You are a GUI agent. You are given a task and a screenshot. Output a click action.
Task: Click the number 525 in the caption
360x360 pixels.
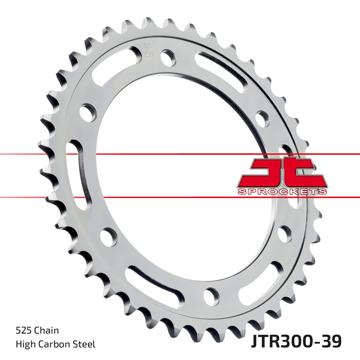click(24, 331)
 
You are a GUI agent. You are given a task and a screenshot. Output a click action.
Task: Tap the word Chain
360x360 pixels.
click(47, 331)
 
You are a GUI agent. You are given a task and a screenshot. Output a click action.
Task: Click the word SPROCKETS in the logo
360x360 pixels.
click(282, 191)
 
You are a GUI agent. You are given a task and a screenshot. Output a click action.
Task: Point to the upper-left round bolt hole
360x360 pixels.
click(88, 112)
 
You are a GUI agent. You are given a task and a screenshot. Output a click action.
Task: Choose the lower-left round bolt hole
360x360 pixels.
click(109, 237)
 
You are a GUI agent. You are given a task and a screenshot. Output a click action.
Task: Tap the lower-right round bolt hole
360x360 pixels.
click(284, 234)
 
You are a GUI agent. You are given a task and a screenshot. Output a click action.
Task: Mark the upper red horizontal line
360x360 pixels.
click(180, 154)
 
